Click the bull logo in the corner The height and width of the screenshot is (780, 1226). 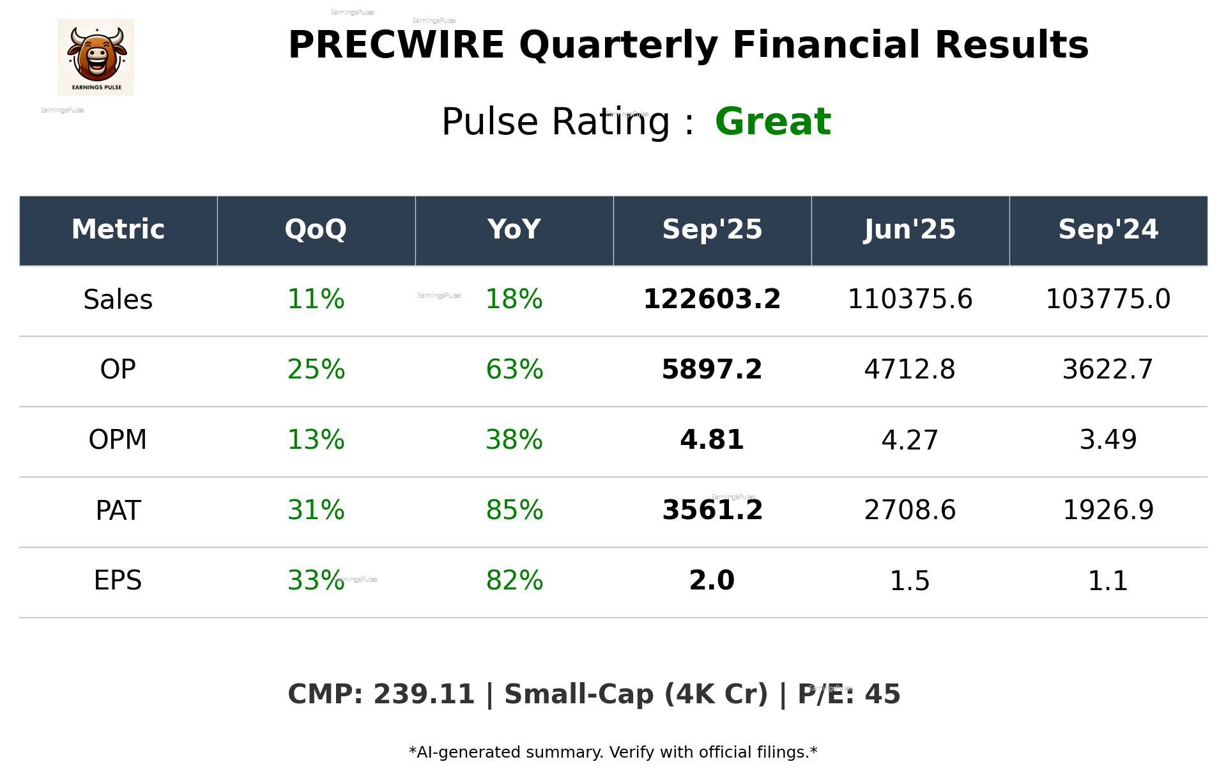pos(96,58)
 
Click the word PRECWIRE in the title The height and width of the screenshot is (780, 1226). pos(396,45)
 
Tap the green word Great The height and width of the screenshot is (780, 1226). pos(772,122)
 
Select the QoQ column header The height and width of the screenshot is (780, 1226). pos(316,230)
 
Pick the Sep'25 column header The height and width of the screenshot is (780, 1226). pos(712,230)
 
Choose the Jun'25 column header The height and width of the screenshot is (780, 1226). pos(910,230)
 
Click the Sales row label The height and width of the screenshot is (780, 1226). pos(118,300)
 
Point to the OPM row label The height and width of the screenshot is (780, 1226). pos(118,440)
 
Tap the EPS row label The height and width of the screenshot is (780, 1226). pos(118,581)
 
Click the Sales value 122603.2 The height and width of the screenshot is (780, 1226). pos(712,300)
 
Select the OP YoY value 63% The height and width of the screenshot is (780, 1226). pos(514,370)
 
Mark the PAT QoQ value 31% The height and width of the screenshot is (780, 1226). pos(316,510)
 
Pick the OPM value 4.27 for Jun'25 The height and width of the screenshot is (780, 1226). pos(910,440)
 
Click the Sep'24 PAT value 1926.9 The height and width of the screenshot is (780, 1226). pos(1108,510)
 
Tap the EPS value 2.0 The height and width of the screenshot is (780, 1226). pos(712,581)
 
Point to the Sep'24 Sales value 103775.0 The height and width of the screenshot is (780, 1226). pos(1108,300)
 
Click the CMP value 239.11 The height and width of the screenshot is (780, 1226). pos(424,695)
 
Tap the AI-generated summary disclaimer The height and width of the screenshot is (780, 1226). pos(613,753)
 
